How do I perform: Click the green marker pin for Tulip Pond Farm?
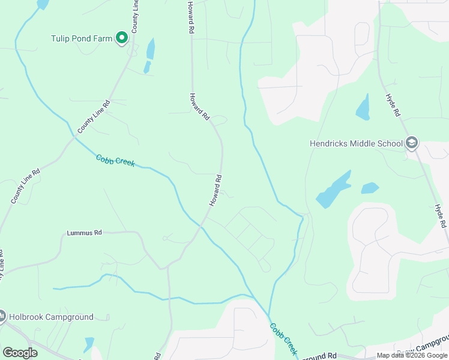click(122, 38)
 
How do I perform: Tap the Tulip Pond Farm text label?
click(82, 38)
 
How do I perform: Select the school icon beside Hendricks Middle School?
click(411, 143)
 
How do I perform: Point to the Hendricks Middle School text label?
click(357, 143)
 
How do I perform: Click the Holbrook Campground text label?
click(51, 317)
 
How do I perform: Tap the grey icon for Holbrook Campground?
click(2, 316)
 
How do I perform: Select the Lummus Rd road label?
click(84, 232)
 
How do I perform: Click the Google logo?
click(20, 353)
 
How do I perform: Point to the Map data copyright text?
click(412, 355)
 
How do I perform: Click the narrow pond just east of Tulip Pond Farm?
click(150, 50)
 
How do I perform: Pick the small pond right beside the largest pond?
click(370, 188)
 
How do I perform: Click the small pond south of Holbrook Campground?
click(89, 344)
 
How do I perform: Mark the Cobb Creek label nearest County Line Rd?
click(115, 161)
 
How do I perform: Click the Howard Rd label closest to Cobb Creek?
click(216, 191)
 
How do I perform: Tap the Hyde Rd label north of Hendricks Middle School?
click(394, 106)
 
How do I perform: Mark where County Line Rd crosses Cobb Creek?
click(74, 137)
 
